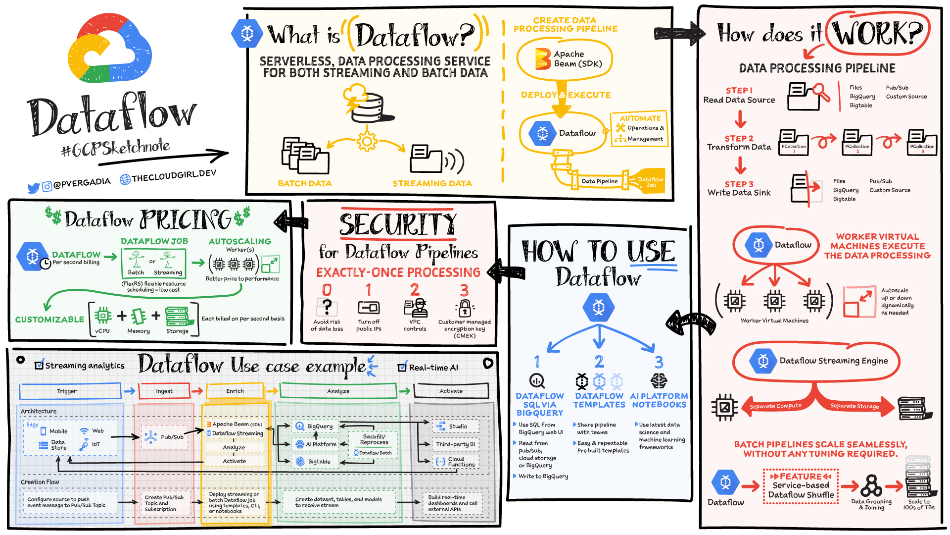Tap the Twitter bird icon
(34, 188)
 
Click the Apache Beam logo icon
(543, 59)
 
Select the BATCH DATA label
(304, 183)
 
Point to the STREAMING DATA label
(432, 183)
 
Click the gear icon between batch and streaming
(367, 141)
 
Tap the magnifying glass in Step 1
(821, 92)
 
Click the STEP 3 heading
(739, 184)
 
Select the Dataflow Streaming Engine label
(833, 361)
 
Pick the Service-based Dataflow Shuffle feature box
(801, 486)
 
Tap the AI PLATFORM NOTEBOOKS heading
(659, 400)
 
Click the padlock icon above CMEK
(465, 308)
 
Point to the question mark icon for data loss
(327, 307)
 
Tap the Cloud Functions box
(455, 462)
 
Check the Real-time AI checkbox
(402, 368)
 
